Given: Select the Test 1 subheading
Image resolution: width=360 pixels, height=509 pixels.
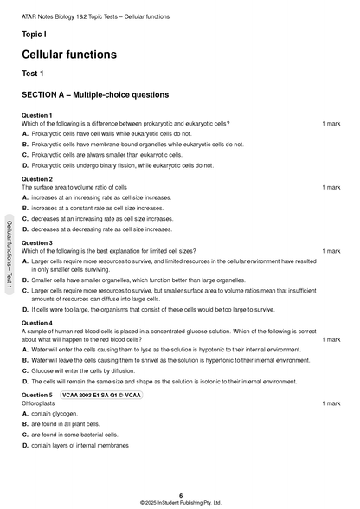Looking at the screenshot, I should (x=35, y=74).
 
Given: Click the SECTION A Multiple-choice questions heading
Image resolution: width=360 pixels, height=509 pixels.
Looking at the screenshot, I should (x=95, y=95).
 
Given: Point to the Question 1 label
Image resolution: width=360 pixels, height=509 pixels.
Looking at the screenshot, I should (x=37, y=115).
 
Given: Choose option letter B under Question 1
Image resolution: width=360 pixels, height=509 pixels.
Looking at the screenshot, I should (x=25, y=145).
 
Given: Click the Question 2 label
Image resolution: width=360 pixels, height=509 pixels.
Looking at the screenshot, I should (x=37, y=179).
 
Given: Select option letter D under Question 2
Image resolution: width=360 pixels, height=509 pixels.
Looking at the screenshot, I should (x=25, y=229).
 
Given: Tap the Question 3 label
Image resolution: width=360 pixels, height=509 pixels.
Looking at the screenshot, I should (x=37, y=243).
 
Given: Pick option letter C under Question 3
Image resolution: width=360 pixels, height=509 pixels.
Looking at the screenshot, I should (x=25, y=291).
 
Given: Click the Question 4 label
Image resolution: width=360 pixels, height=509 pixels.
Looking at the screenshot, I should (x=37, y=323).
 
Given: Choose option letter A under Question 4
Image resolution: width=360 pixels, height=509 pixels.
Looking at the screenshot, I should (x=25, y=350).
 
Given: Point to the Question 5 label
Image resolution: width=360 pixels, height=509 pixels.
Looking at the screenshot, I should (x=37, y=395).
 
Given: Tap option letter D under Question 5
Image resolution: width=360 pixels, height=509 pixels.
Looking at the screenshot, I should (x=25, y=445).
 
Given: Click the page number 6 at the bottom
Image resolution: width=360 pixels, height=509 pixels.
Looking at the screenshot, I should (x=180, y=495).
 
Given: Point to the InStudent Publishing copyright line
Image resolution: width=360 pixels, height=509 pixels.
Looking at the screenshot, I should (x=180, y=503).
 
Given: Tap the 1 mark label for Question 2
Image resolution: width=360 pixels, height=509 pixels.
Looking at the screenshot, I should (x=331, y=187).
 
